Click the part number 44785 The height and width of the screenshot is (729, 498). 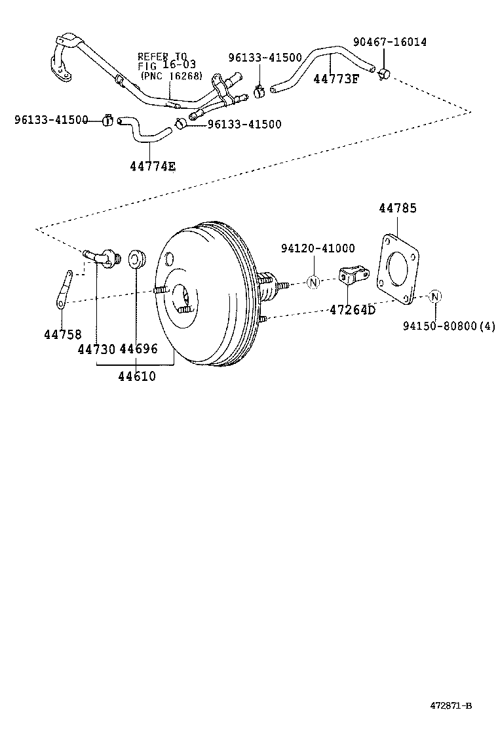pos(397,208)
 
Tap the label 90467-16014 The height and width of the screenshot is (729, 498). pos(389,42)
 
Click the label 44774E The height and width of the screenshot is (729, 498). pos(152,166)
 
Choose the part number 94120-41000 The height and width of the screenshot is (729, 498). pos(318,248)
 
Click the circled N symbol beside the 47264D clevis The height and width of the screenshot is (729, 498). pos(313,283)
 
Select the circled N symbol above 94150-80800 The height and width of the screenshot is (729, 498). pos(434,297)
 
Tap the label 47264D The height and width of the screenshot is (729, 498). pos(352,309)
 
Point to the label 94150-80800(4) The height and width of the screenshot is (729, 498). pos(449,326)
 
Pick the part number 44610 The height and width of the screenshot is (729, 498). pos(137,376)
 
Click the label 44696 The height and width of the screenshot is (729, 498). pos(138,349)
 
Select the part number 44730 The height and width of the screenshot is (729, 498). pos(96,349)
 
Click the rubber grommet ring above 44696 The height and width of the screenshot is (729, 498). pos(136,259)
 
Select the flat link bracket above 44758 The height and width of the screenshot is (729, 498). pos(65,288)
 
